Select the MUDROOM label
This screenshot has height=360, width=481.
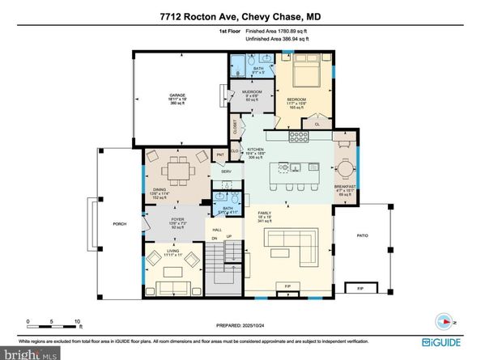point(249,93)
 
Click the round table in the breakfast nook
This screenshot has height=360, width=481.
point(345,169)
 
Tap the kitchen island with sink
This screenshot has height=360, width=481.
point(294,168)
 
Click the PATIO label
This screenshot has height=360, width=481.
point(363,236)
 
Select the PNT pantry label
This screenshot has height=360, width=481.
point(219,155)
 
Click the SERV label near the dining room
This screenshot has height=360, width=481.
point(228,172)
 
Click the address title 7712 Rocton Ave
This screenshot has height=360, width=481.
point(240,18)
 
